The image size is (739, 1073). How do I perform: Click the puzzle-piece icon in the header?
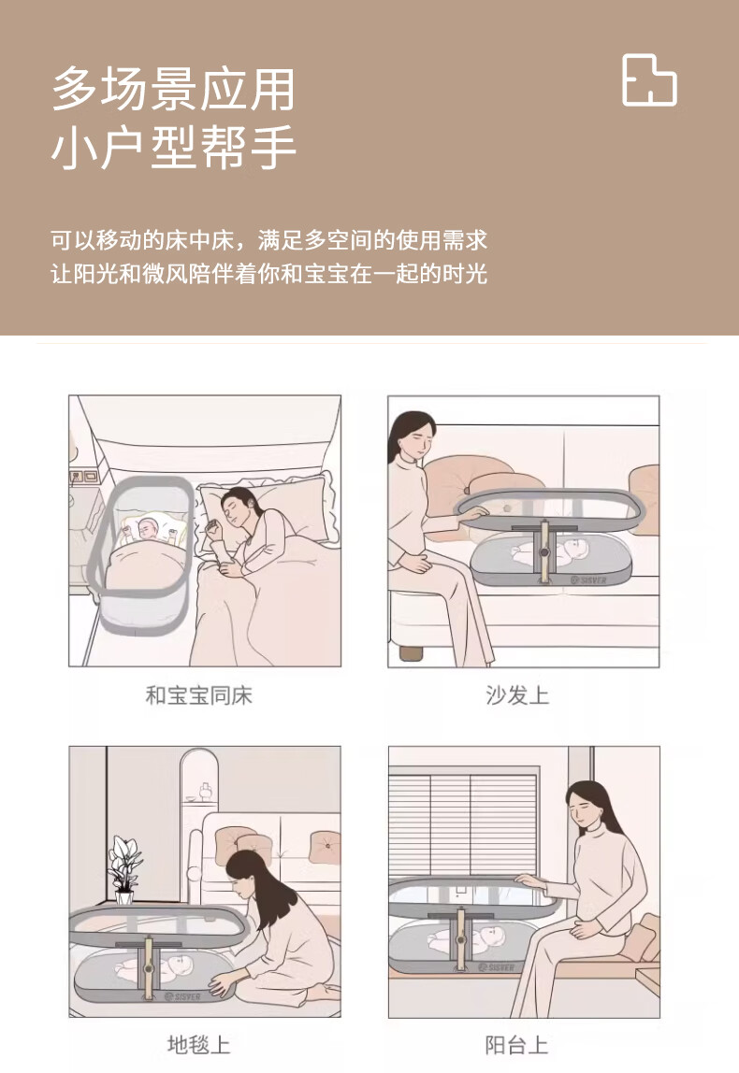[x=649, y=80]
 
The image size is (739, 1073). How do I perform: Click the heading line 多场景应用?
[x=173, y=89]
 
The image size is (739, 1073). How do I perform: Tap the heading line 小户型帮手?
[x=173, y=147]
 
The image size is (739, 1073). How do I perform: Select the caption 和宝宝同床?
[x=198, y=695]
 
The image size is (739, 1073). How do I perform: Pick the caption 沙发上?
[x=517, y=695]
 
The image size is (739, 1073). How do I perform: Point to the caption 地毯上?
[x=198, y=1045]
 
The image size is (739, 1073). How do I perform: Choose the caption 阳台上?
[x=517, y=1045]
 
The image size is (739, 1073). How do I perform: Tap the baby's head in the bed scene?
[x=147, y=527]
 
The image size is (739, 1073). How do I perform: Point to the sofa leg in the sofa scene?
[x=411, y=652]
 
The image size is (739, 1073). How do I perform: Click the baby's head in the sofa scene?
[x=574, y=549]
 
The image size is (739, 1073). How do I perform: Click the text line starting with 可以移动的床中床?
[x=269, y=240]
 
